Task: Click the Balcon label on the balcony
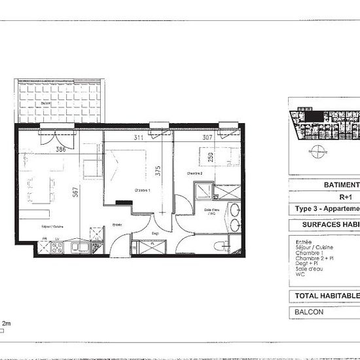[46, 103]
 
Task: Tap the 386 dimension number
[61, 149]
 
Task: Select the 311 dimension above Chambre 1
[139, 137]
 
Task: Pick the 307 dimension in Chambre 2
[207, 137]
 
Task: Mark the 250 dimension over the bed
[211, 158]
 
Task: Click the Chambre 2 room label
[195, 173]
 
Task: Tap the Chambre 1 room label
[142, 190]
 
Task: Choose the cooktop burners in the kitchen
[56, 247]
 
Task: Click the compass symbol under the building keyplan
[317, 153]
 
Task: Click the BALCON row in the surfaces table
[310, 312]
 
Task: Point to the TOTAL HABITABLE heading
[325, 296]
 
